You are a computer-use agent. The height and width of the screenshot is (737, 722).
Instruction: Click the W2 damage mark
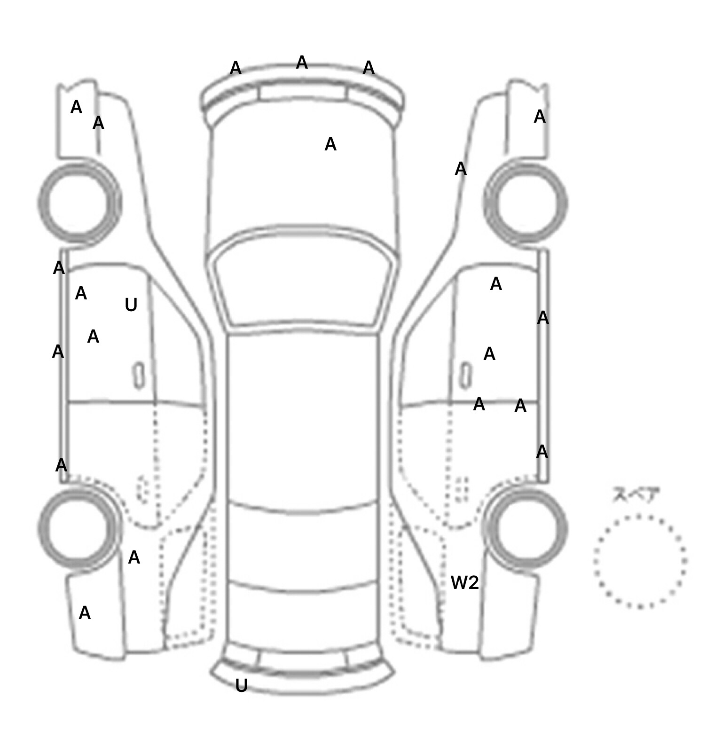(464, 583)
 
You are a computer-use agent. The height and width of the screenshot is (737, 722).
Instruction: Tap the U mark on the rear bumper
(241, 686)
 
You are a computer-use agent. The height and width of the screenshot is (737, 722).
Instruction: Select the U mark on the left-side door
(131, 305)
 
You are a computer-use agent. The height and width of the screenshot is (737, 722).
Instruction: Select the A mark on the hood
(330, 144)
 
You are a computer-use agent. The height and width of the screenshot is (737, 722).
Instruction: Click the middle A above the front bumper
(302, 63)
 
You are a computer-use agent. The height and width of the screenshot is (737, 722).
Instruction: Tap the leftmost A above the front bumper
(235, 69)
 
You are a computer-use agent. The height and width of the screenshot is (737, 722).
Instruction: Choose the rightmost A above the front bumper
(369, 68)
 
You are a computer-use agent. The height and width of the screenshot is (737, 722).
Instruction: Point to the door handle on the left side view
(139, 376)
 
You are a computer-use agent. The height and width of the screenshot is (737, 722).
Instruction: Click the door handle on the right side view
(465, 376)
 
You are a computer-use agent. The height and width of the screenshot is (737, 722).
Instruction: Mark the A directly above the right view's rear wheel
(542, 452)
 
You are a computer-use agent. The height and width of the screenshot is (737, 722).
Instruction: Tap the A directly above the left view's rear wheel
(61, 465)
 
